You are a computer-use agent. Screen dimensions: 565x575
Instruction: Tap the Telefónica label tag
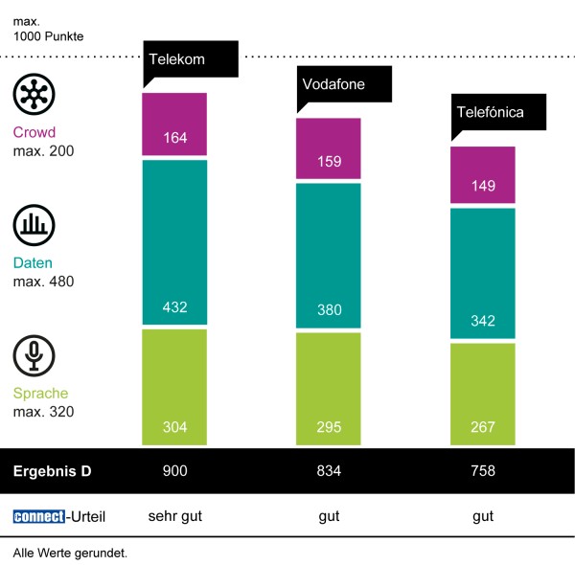[x=498, y=112]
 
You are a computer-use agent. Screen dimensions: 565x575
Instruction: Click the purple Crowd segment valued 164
[x=174, y=124]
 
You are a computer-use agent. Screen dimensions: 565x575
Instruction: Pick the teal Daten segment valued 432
[x=174, y=243]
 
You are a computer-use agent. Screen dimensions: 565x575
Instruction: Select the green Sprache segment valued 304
[x=174, y=387]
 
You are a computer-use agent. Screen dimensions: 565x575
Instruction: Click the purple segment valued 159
[x=329, y=148]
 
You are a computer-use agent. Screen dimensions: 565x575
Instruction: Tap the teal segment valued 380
[x=329, y=256]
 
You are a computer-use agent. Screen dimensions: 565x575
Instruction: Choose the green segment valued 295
[x=329, y=389]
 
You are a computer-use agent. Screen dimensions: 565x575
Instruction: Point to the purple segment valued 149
[x=483, y=175]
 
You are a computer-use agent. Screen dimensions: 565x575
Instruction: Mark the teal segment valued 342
[x=483, y=273]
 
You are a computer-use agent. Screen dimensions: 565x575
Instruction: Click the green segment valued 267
[x=483, y=394]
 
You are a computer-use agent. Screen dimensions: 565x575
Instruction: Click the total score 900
[x=175, y=471]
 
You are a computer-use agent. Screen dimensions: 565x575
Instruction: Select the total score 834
[x=329, y=471]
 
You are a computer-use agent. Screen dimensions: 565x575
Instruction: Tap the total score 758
[x=483, y=471]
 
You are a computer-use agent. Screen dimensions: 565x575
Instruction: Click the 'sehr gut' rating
[x=175, y=517]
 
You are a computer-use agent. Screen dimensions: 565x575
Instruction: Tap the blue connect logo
[x=38, y=517]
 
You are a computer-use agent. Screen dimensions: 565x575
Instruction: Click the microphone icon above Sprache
[x=34, y=356]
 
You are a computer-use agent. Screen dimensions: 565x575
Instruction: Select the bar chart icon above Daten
[x=34, y=226]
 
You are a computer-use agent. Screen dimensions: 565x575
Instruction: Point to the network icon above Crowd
[x=34, y=96]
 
